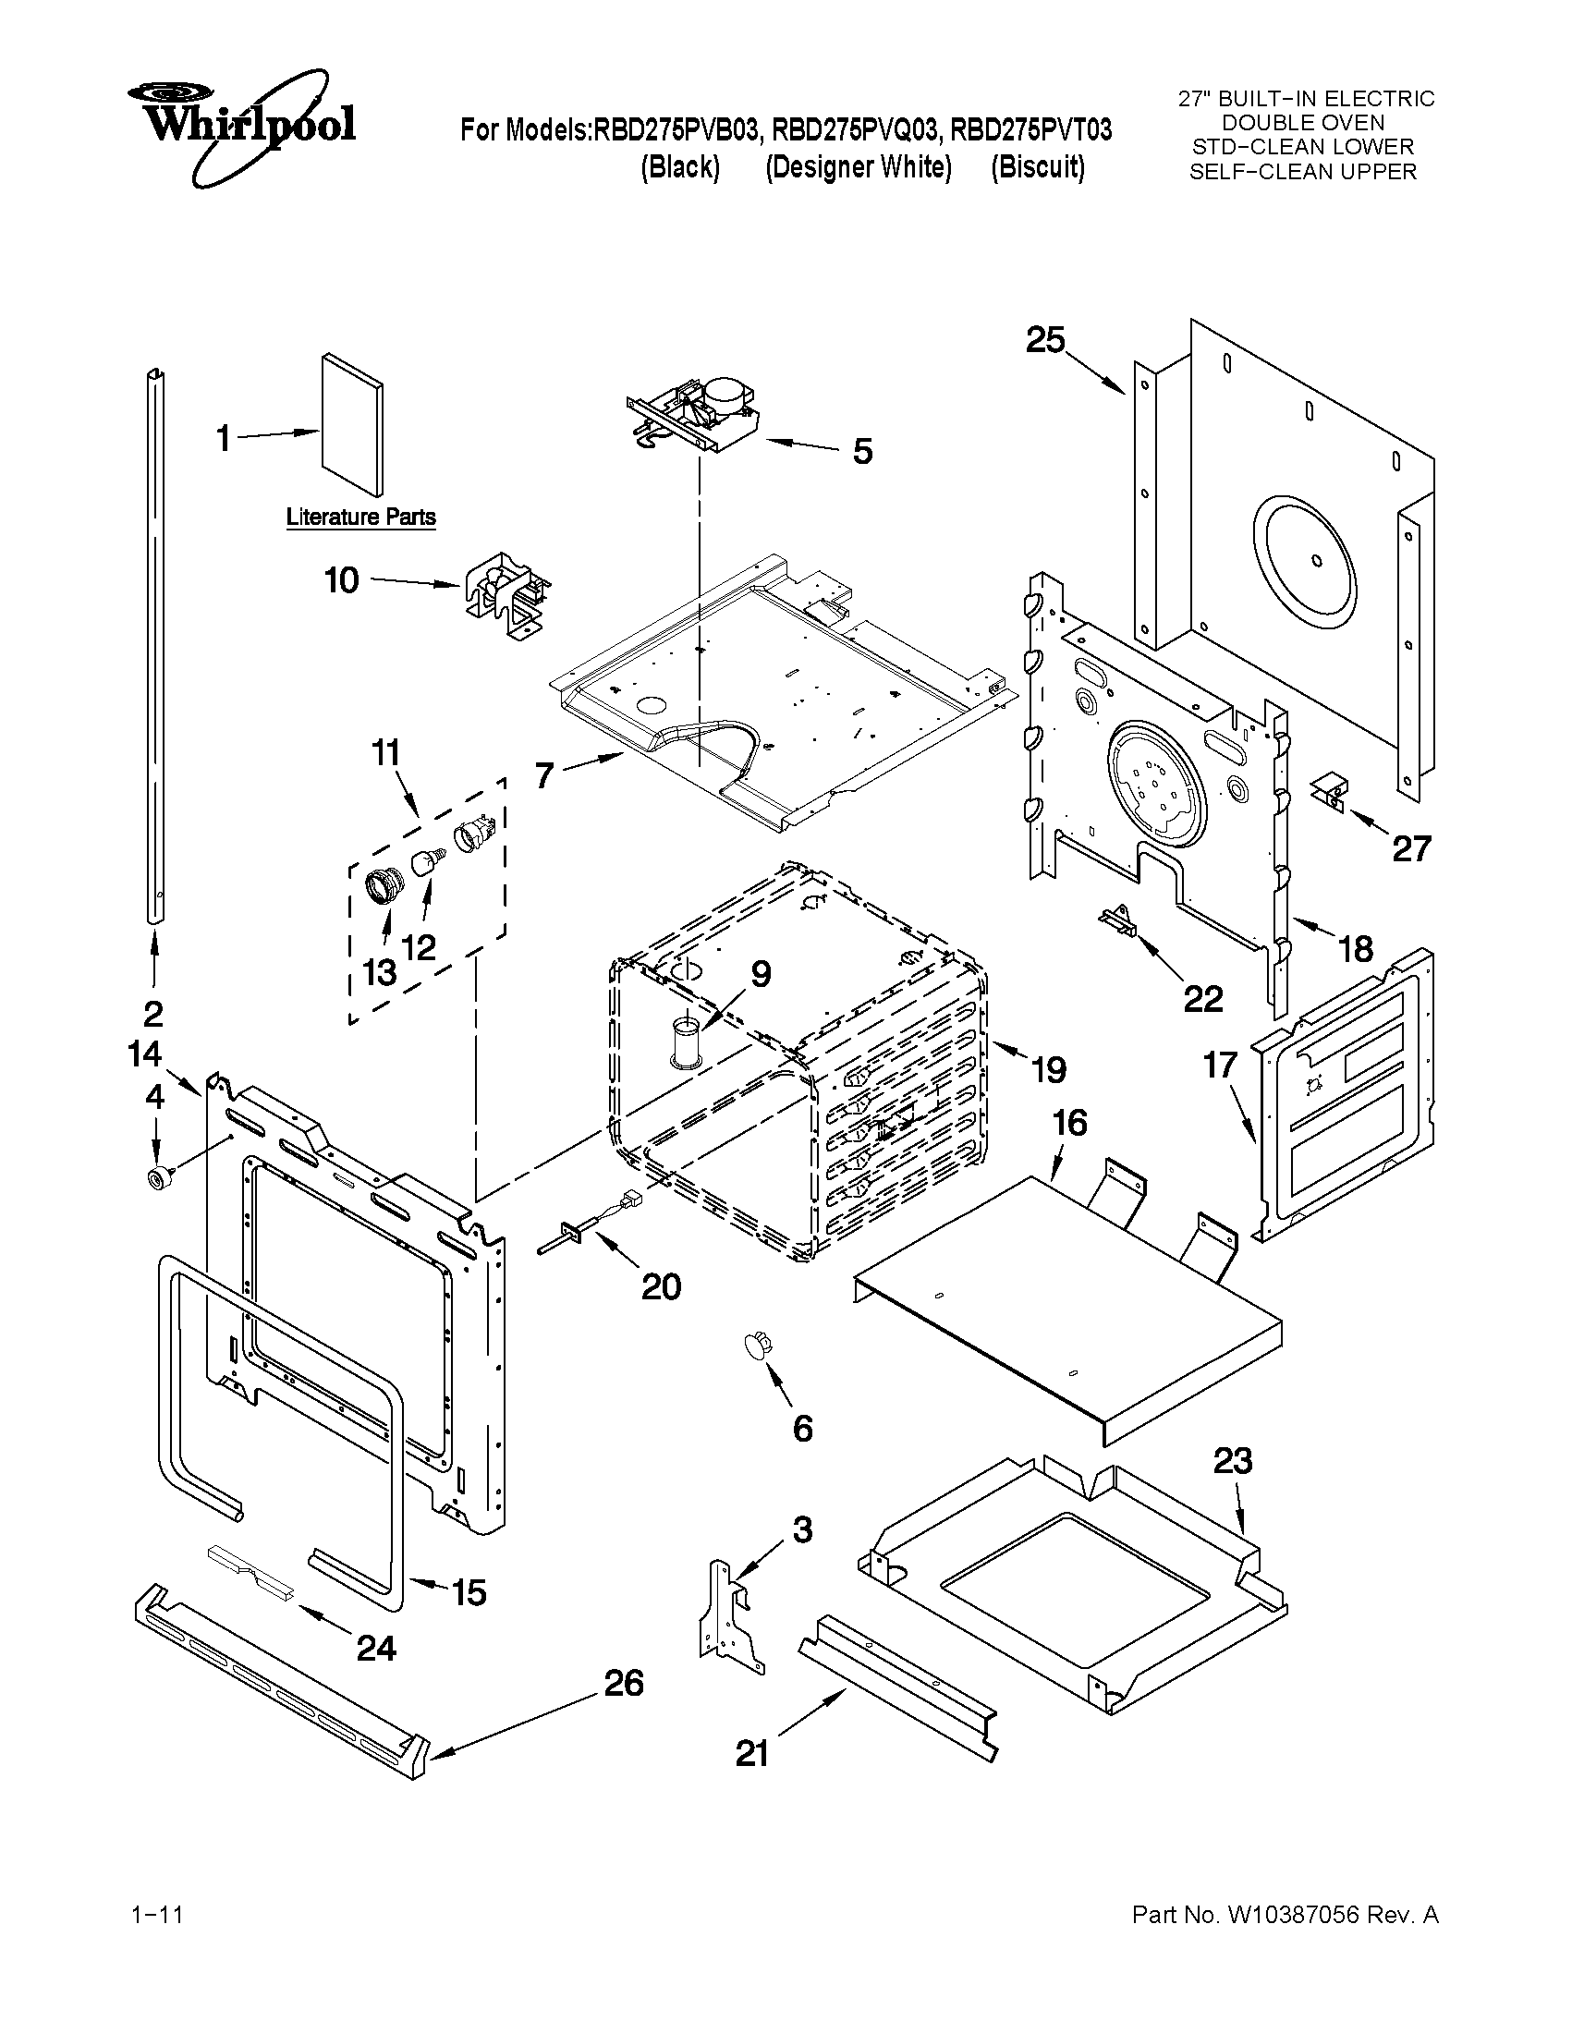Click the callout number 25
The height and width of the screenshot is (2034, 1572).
click(1045, 340)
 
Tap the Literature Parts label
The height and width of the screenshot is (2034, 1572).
click(360, 517)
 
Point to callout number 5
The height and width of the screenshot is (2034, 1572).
click(862, 452)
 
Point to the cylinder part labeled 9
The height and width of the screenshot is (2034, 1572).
click(687, 1043)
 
